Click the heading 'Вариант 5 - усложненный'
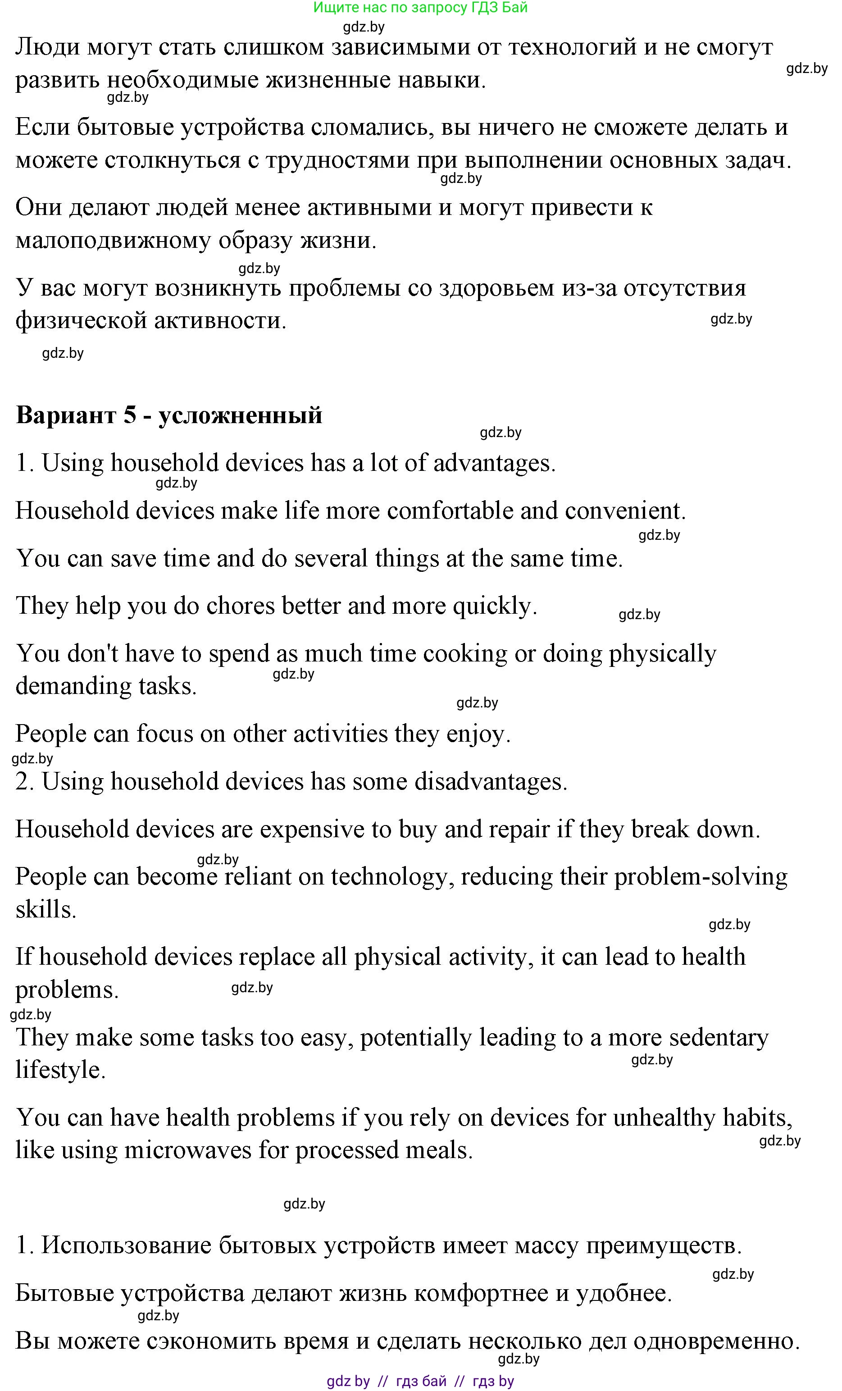point(169,415)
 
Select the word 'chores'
point(240,606)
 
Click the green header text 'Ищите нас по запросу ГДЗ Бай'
point(420,7)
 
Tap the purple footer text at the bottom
point(420,1382)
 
